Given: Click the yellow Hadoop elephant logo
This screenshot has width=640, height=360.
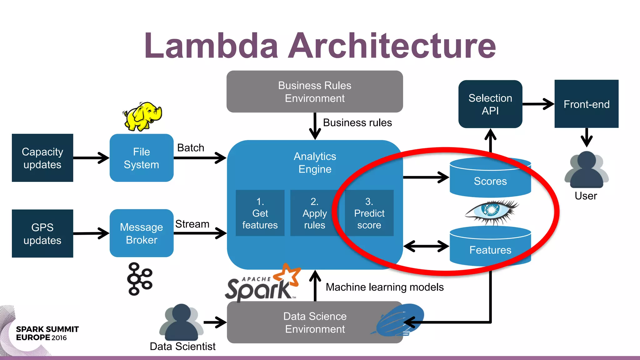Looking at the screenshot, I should pos(142,116).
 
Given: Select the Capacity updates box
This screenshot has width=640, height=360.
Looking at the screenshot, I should pos(42,158).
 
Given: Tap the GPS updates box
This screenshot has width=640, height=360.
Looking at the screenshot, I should pos(42,233).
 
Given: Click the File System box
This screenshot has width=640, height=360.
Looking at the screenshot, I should pos(142,158).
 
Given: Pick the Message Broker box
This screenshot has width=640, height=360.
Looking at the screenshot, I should pos(142,233).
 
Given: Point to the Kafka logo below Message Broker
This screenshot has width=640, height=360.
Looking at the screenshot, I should pos(139,279).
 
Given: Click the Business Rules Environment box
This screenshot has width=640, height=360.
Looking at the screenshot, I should pos(315,92).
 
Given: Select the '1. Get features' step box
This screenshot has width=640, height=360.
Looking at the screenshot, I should pos(260,213).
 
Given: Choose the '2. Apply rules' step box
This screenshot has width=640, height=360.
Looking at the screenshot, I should pos(314,213).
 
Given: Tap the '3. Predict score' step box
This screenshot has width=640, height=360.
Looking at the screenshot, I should pos(369,213).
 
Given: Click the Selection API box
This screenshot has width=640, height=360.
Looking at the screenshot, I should pos(490,104).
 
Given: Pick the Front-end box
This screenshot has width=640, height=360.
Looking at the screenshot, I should pos(586,104).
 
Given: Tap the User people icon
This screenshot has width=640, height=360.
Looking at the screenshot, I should pos(586,170).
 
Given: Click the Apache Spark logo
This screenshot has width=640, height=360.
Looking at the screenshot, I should pos(262,285).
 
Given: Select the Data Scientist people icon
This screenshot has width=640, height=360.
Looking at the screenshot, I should pos(181,322).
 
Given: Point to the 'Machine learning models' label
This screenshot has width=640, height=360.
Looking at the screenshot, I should pos(384,287).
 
